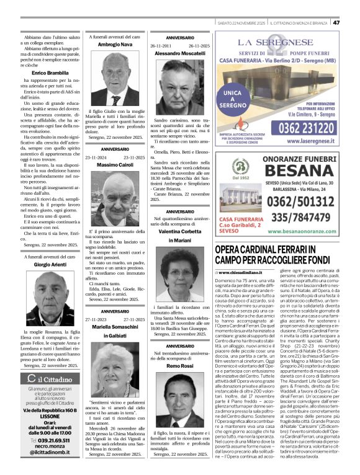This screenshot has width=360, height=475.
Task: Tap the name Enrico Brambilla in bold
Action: tap(42, 73)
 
